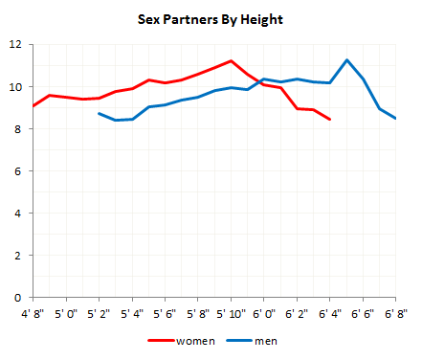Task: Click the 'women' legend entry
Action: pyautogui.click(x=188, y=340)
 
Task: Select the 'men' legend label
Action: pyautogui.click(x=262, y=340)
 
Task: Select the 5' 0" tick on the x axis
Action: pyautogui.click(x=66, y=312)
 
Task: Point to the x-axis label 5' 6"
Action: pyautogui.click(x=165, y=312)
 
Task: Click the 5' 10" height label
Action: pyautogui.click(x=230, y=312)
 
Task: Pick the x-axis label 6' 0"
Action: pyautogui.click(x=263, y=312)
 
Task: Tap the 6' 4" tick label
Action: pyautogui.click(x=329, y=312)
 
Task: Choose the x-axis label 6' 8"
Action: pyautogui.click(x=395, y=312)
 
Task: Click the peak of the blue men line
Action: pyautogui.click(x=346, y=60)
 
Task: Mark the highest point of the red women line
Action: pyautogui.click(x=231, y=61)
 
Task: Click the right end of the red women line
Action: pyautogui.click(x=330, y=120)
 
